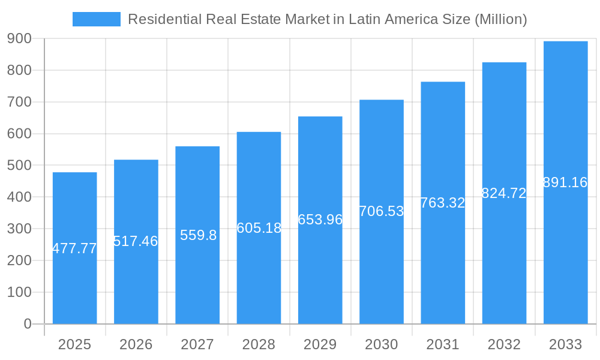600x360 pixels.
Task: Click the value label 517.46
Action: click(x=136, y=241)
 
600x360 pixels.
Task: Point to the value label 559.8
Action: click(x=198, y=235)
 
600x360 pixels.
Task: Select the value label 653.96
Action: click(x=320, y=220)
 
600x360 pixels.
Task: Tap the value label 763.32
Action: click(x=442, y=203)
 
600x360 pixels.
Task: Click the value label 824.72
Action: click(x=504, y=193)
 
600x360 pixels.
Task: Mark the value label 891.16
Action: click(x=565, y=182)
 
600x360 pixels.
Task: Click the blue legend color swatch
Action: click(x=96, y=19)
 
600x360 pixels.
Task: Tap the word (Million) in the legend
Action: click(x=500, y=19)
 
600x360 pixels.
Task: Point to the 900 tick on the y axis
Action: click(x=20, y=38)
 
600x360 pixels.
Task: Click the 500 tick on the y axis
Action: click(x=20, y=165)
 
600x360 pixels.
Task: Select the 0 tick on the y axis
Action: click(x=27, y=324)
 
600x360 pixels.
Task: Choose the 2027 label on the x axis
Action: click(x=197, y=344)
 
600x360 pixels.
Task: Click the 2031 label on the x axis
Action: click(x=443, y=344)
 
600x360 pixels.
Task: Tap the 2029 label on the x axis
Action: click(x=320, y=344)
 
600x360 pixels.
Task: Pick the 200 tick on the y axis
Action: click(x=20, y=260)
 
